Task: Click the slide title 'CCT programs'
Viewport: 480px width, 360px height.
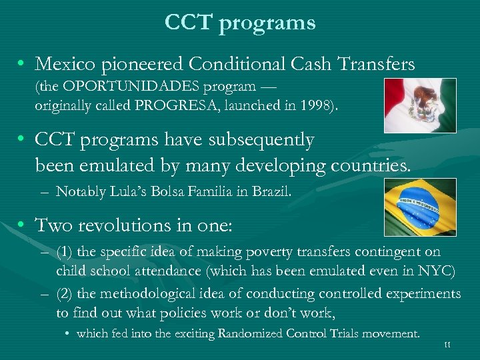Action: coord(240,23)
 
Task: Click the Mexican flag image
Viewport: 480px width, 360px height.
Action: coord(420,105)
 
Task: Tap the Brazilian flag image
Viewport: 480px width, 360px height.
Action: coord(420,207)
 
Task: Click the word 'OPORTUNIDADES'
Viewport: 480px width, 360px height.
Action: coord(117,87)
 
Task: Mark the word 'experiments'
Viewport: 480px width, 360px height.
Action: coord(425,294)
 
